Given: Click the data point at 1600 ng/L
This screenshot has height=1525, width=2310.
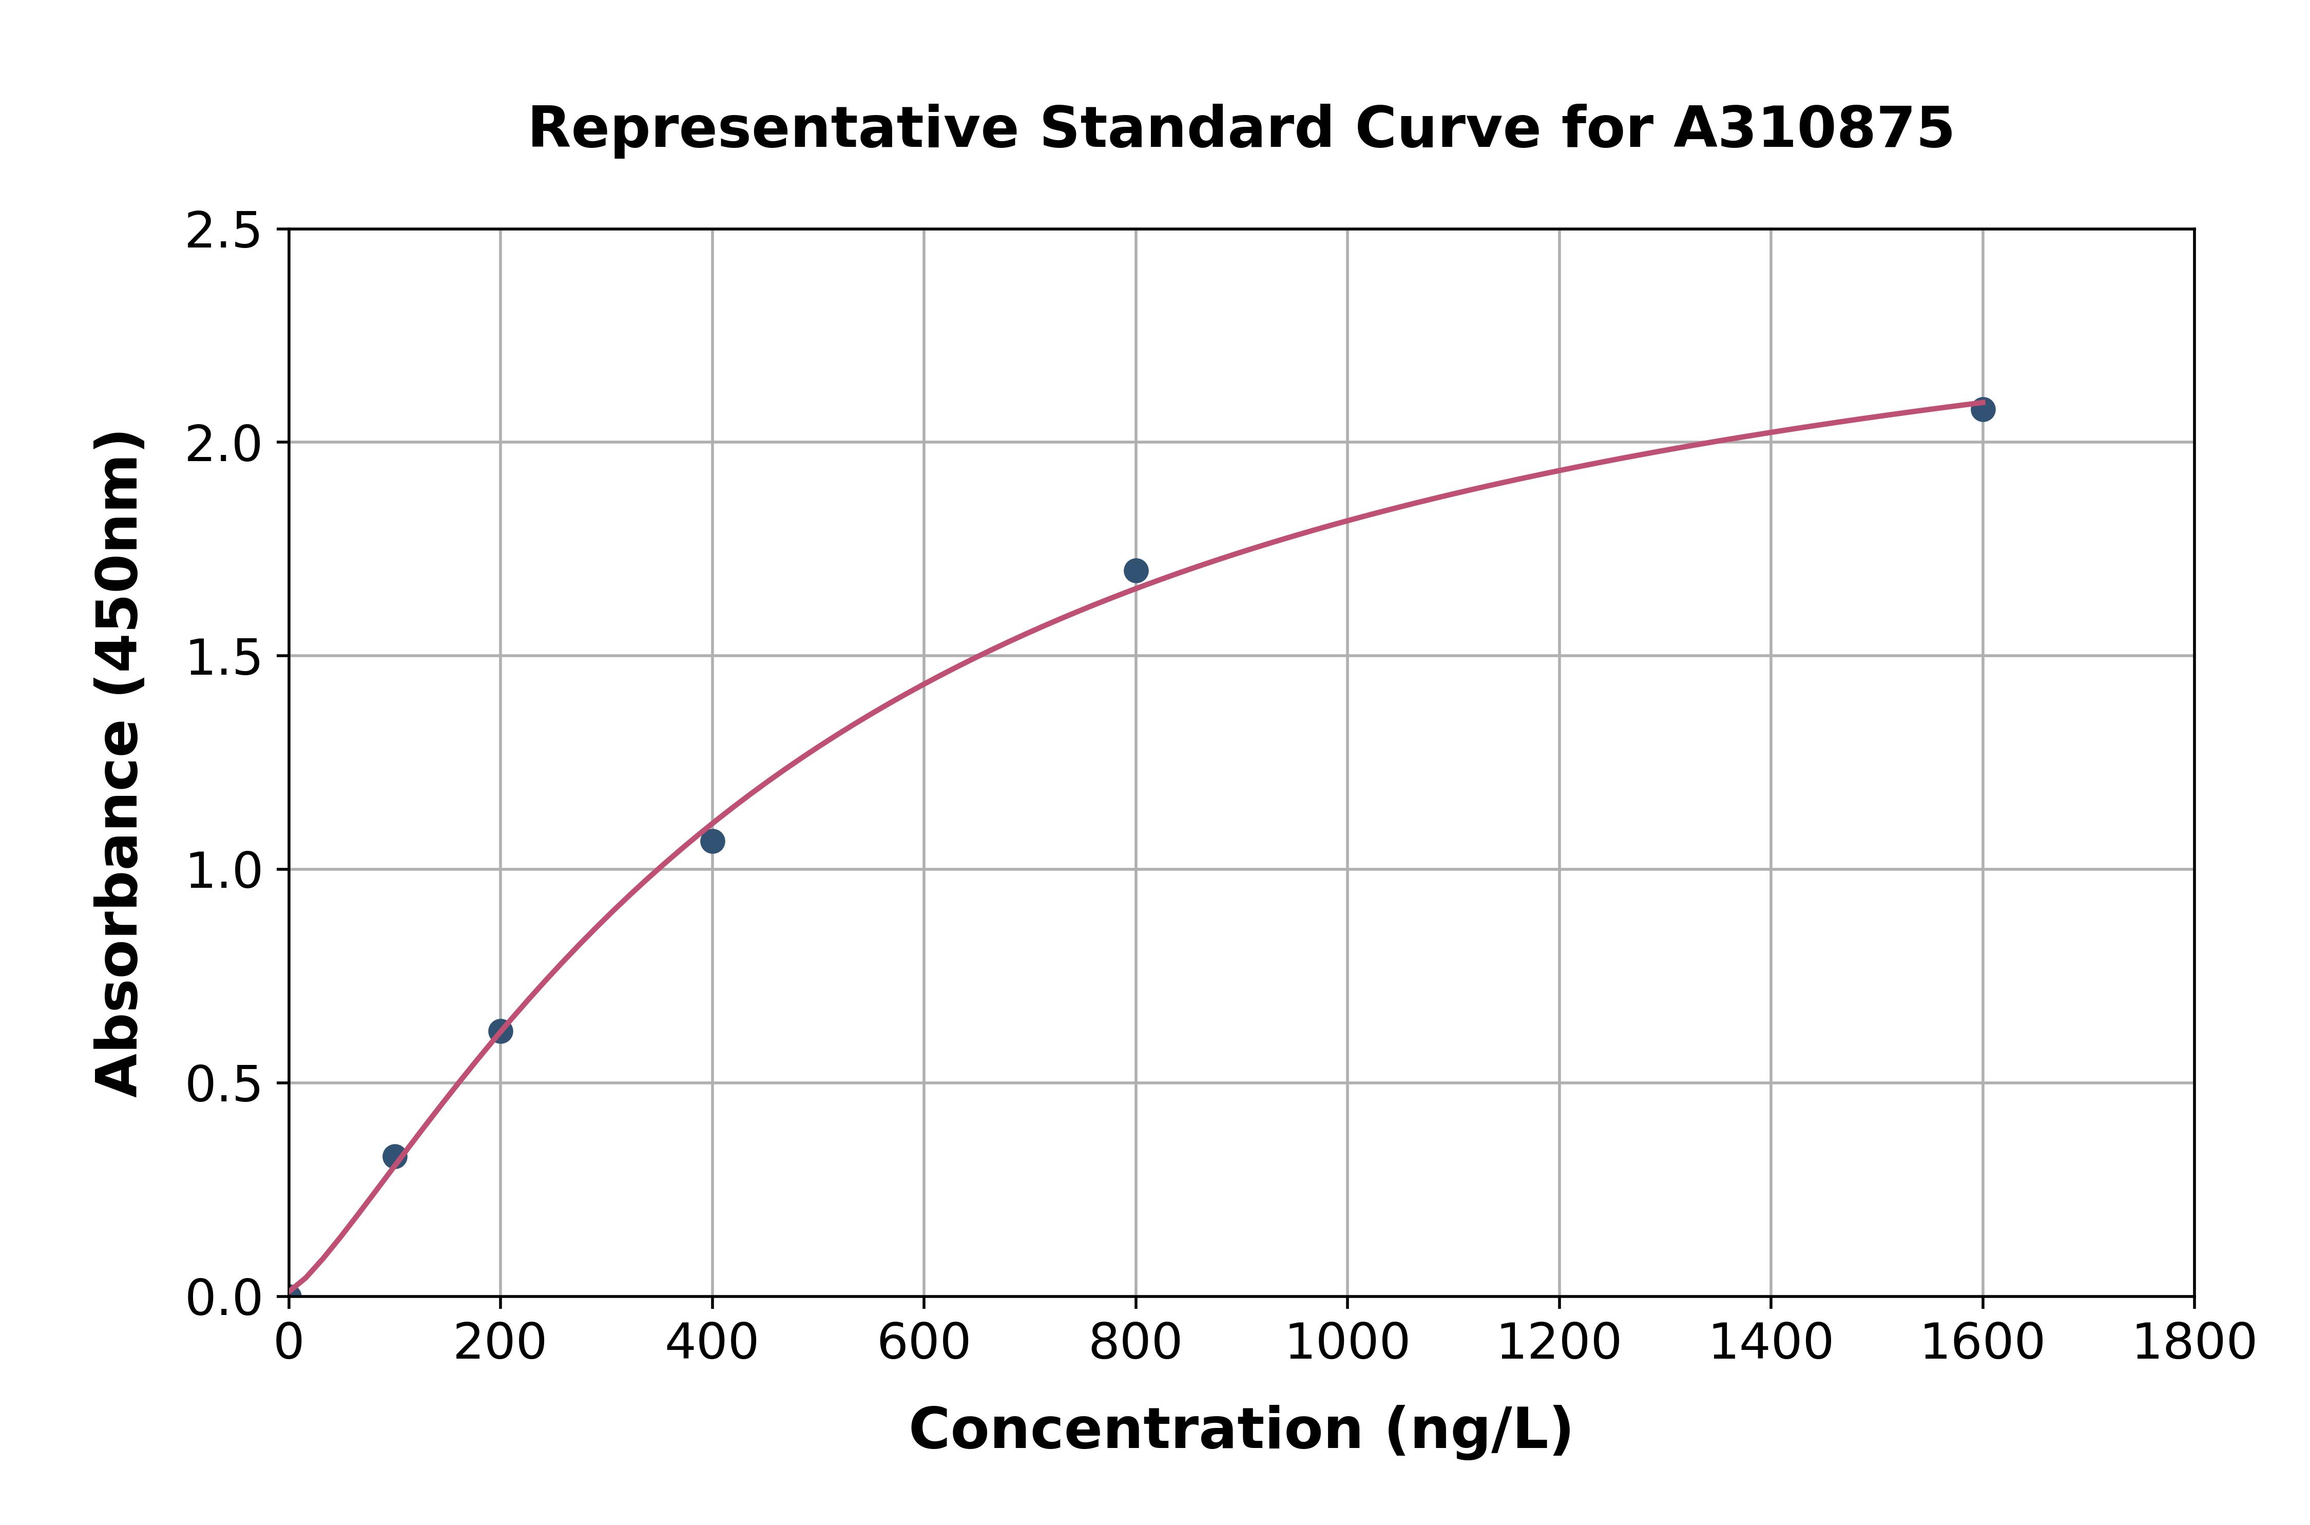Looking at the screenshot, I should tap(1982, 409).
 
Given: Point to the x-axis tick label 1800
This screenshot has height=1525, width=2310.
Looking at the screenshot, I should tap(2193, 1343).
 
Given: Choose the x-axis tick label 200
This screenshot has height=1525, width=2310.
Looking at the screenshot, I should tap(499, 1343).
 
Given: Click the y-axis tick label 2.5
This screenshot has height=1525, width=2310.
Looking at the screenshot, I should tap(224, 232).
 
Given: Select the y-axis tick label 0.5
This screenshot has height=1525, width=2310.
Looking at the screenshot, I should tap(224, 1084).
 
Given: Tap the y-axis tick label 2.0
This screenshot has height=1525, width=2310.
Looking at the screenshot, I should tap(224, 445).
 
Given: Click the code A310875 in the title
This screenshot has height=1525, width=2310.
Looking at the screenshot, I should tap(1813, 128).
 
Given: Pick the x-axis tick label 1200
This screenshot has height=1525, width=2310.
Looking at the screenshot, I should tap(1558, 1343).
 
